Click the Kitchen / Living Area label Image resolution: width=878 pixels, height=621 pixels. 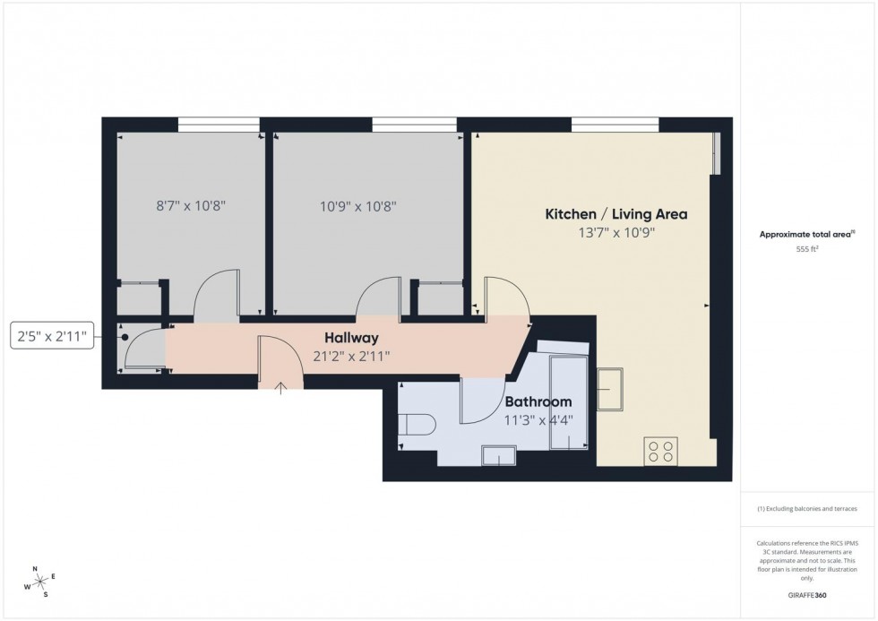[x=616, y=214]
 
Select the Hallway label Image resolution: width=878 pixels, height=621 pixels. [x=351, y=338]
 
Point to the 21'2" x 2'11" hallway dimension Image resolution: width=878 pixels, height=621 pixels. [x=351, y=356]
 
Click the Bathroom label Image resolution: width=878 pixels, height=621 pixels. [x=538, y=401]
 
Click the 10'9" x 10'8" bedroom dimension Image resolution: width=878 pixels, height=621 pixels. [x=357, y=205]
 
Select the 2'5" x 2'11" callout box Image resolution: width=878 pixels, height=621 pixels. [x=52, y=337]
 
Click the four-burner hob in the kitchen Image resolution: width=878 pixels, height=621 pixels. [x=661, y=451]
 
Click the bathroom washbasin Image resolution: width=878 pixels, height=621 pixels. [x=497, y=456]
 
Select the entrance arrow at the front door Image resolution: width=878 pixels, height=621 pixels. [x=281, y=387]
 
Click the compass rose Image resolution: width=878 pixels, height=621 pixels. [x=39, y=581]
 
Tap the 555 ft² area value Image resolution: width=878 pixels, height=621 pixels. [x=808, y=250]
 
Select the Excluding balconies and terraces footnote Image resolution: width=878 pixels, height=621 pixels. [x=807, y=508]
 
